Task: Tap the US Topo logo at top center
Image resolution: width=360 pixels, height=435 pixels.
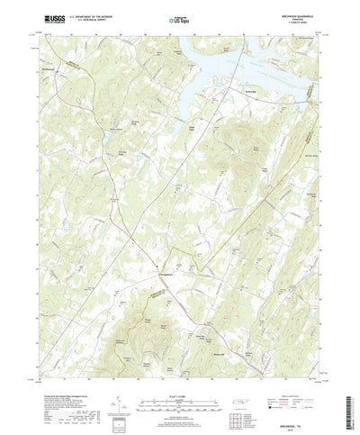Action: click(x=180, y=18)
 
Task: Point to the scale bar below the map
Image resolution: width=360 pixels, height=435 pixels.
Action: click(x=180, y=385)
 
